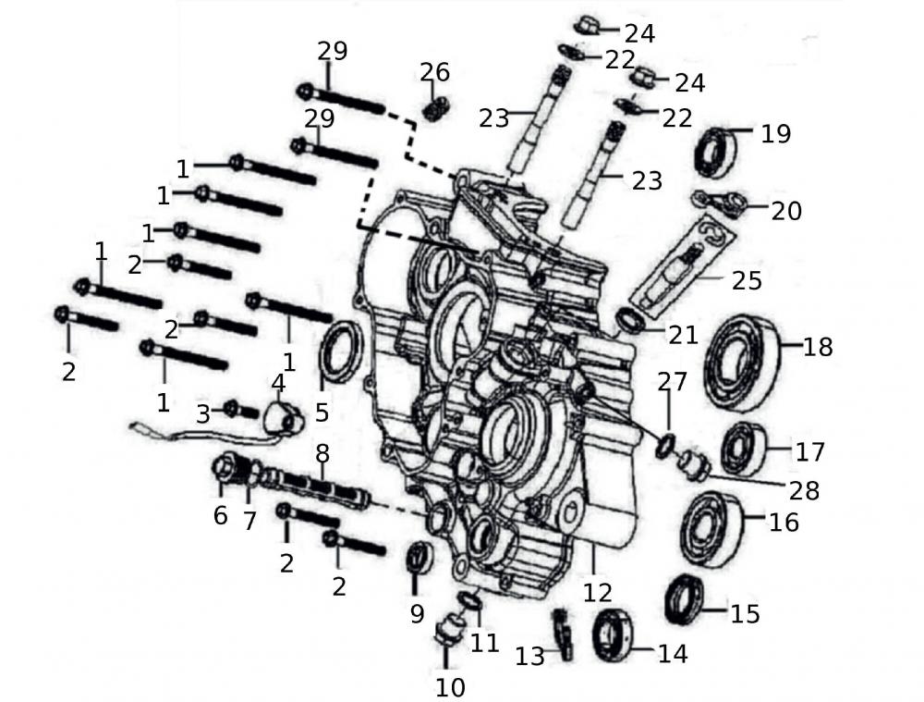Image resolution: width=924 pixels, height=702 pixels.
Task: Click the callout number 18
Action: coord(818,347)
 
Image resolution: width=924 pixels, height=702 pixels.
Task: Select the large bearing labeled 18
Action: coord(741,362)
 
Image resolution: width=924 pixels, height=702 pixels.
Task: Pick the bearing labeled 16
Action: coord(711,528)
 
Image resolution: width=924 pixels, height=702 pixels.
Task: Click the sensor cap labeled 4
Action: coord(284,418)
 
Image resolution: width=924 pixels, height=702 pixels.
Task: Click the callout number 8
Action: coord(322,454)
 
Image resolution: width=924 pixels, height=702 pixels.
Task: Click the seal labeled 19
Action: coord(716,154)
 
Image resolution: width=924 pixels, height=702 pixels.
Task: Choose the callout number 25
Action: coord(747,278)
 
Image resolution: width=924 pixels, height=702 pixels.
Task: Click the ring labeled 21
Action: coord(630,321)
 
